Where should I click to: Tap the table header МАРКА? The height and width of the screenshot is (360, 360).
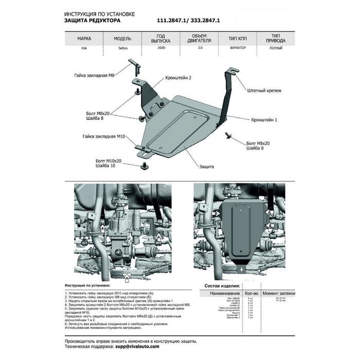84,39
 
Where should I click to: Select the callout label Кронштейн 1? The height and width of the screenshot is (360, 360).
264,120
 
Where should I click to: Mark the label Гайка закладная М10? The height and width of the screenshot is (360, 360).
103,137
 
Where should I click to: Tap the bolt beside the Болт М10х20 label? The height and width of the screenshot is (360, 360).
145,165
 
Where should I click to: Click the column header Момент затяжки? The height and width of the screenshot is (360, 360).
279,292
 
